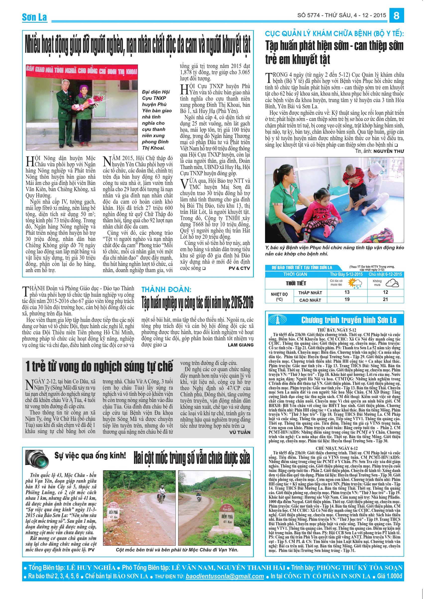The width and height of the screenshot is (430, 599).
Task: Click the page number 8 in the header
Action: click(396, 16)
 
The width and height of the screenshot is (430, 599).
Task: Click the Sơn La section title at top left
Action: click(34, 17)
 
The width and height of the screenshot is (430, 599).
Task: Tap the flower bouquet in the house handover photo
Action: click(94, 102)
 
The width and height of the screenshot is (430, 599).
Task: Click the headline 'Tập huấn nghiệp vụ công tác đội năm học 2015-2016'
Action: click(197, 303)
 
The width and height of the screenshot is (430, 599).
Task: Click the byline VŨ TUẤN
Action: click(240, 432)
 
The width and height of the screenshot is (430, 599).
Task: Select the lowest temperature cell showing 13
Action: click(347, 292)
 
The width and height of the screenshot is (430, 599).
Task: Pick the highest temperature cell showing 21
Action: click(385, 299)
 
